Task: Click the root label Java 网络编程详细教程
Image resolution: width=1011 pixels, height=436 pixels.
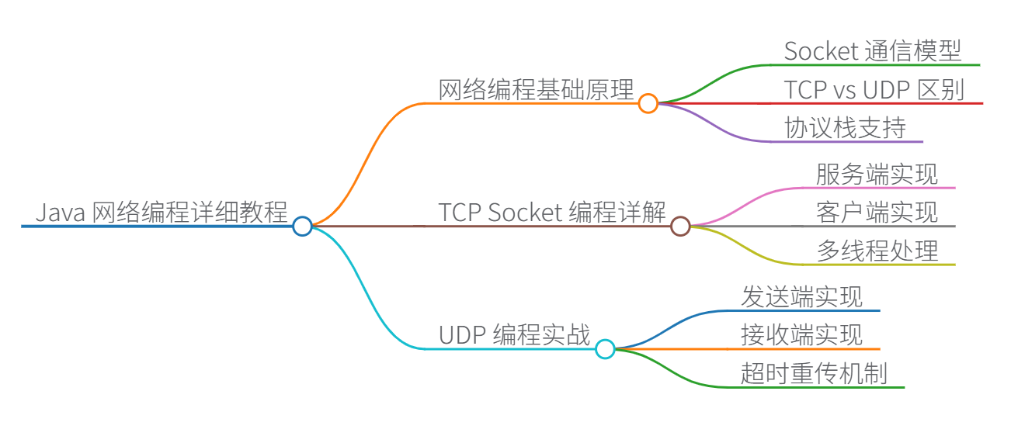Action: (162, 212)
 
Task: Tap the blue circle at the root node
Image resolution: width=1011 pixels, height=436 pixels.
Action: (302, 226)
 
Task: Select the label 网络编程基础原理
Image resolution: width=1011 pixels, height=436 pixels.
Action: (537, 89)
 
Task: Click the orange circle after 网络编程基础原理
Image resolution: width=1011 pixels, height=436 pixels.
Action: (648, 102)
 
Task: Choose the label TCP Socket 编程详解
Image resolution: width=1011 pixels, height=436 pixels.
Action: (552, 212)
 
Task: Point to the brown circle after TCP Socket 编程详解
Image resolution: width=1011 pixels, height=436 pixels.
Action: (680, 226)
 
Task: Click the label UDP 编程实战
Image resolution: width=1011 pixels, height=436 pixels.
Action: (515, 335)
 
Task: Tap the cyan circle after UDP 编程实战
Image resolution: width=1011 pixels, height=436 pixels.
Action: (605, 349)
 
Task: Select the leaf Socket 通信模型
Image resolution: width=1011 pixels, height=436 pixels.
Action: (873, 51)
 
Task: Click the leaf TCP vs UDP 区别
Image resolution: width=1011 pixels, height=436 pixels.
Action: (874, 90)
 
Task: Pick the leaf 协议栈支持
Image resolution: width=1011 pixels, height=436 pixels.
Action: (845, 128)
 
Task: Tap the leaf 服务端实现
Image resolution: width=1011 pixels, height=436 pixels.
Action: (877, 174)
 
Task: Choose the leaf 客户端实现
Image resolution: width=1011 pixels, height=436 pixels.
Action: (877, 212)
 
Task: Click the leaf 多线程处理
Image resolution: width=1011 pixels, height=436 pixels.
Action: (877, 250)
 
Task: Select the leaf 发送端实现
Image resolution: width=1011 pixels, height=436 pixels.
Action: (801, 296)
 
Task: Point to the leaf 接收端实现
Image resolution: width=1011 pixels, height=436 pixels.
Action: (801, 335)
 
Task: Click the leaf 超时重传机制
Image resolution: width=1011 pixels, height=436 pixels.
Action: (814, 373)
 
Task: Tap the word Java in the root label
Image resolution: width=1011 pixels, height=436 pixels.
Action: (61, 212)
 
